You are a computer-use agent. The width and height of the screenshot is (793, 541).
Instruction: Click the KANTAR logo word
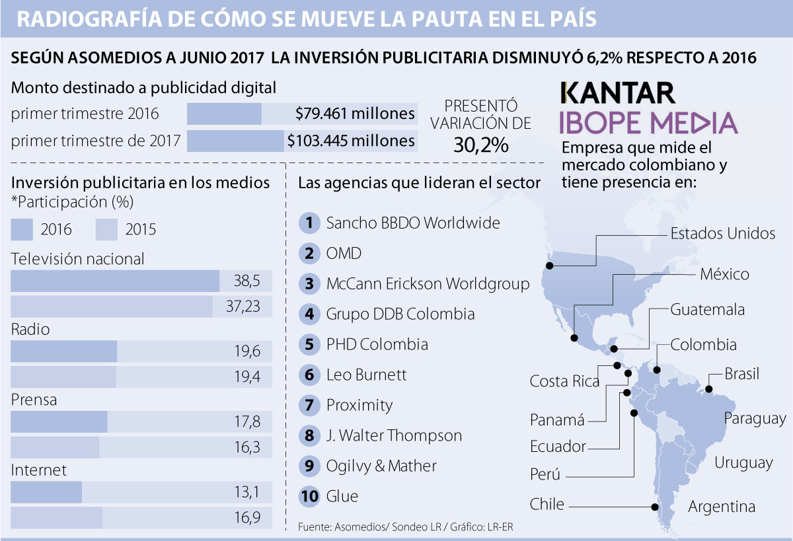[x=617, y=92]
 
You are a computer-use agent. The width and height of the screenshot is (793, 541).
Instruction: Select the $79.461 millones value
[x=356, y=114]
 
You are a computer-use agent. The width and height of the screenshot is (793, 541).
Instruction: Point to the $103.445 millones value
[x=351, y=141]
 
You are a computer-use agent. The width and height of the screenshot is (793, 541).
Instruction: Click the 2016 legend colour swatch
[x=22, y=229]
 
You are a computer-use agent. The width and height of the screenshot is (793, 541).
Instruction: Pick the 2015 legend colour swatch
[x=106, y=229]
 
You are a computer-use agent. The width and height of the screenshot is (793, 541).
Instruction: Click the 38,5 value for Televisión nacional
[x=246, y=281]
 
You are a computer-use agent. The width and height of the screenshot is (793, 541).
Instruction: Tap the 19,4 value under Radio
[x=246, y=377]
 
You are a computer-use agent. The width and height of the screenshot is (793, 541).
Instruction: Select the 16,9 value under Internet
[x=246, y=518]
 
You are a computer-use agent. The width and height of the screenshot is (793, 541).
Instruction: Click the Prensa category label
[x=34, y=400]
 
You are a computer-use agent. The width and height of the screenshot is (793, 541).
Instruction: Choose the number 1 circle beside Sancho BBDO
[x=309, y=223]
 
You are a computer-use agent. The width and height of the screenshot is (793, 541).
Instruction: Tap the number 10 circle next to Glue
[x=309, y=496]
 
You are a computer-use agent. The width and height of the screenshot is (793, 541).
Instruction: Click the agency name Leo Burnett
[x=366, y=375]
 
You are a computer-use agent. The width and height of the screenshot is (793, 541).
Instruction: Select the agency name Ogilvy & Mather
[x=381, y=466]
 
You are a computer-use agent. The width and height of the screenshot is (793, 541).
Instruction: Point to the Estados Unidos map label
[x=723, y=233]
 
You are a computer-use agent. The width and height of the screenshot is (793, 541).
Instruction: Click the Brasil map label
[x=741, y=374]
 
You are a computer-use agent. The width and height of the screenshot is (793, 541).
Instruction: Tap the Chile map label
[x=547, y=505]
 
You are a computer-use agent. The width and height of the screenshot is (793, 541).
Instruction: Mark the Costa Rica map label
[x=564, y=382]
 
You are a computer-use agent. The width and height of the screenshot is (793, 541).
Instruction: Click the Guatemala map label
[x=707, y=310]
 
